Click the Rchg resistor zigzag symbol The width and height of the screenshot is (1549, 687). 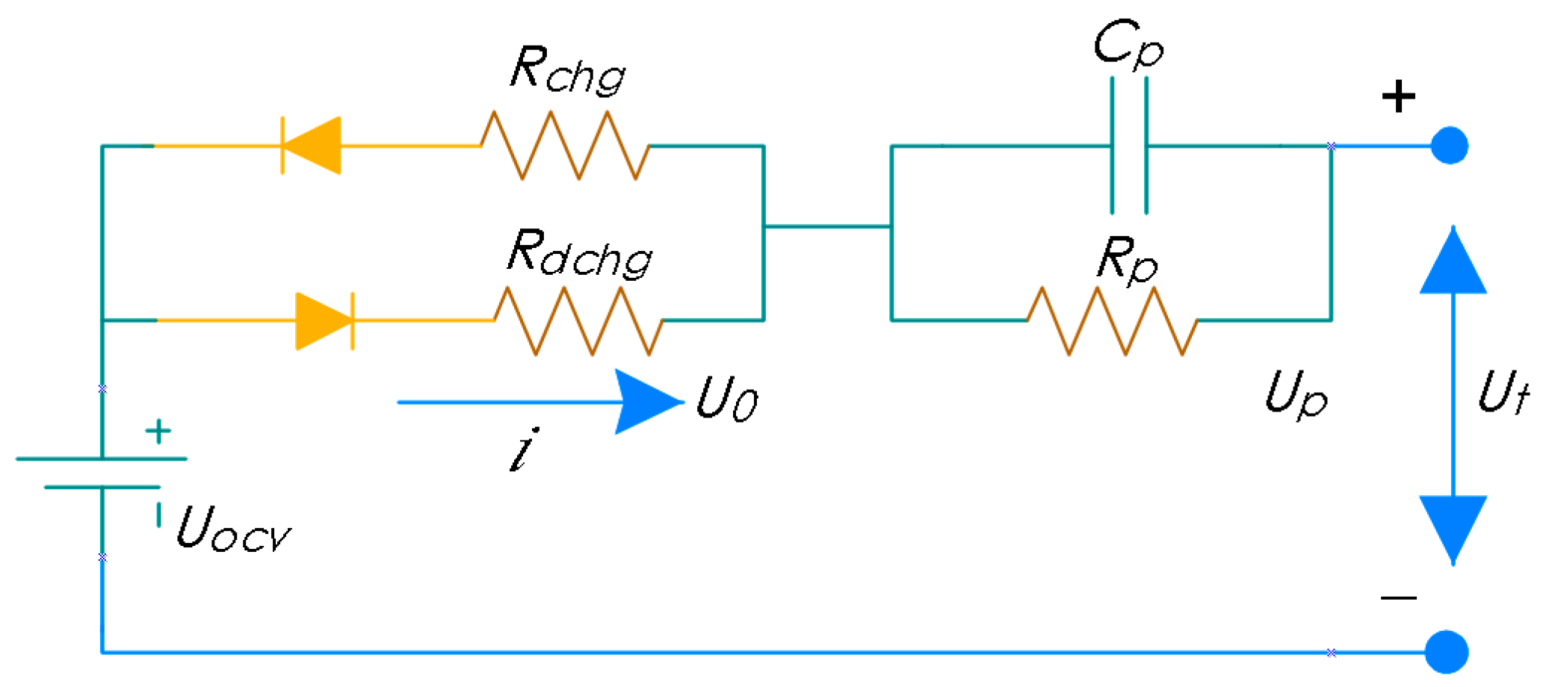tap(565, 146)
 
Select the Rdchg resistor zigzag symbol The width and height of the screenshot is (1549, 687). tap(578, 320)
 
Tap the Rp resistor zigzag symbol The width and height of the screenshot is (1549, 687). tap(1112, 320)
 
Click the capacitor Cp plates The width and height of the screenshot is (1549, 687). tap(1129, 146)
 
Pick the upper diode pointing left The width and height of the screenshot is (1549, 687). tap(312, 146)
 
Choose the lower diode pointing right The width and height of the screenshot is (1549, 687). tap(324, 321)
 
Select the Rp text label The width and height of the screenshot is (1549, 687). tap(1127, 259)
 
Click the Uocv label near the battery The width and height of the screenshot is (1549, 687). tap(233, 529)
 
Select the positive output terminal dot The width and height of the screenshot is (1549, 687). tap(1450, 146)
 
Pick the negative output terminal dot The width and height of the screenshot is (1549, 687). tap(1447, 652)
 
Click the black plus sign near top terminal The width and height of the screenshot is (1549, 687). tap(1398, 97)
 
